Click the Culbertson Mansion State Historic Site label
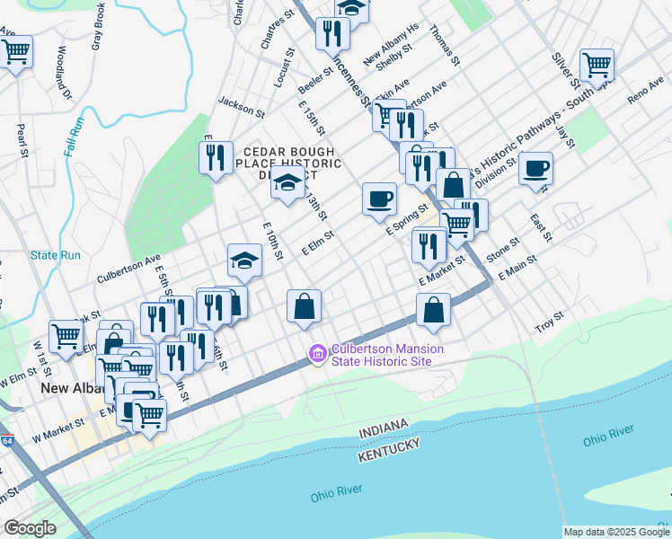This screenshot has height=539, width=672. tap(381, 355)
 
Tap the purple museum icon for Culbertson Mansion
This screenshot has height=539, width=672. tap(316, 355)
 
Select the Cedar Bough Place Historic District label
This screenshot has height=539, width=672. tap(288, 163)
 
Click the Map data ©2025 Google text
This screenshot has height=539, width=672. tap(615, 532)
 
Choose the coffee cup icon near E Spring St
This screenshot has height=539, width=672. tap(379, 198)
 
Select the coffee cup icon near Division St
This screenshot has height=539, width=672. tap(535, 168)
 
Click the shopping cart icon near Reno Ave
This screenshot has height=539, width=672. tap(597, 64)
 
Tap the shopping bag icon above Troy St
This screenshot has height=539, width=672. tap(433, 310)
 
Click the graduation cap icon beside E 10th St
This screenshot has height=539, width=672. tap(244, 261)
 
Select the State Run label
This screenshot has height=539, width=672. tap(56, 255)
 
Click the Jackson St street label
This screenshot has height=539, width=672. tap(241, 109)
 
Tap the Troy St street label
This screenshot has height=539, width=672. tap(549, 318)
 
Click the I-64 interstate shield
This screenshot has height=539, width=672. tap(7, 440)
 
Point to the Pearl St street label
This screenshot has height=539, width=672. tap(20, 139)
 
